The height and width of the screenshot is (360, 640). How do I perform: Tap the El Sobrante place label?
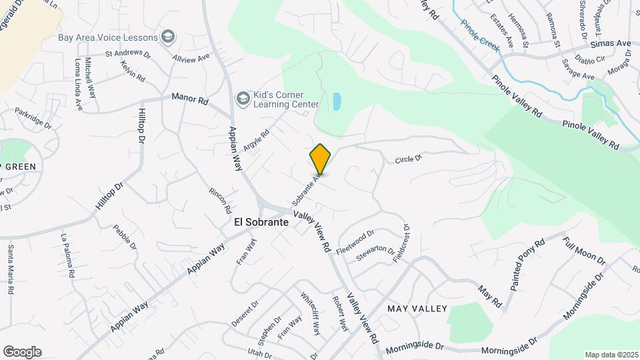coord(261,223)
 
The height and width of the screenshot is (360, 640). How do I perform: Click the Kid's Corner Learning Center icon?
coord(243,99)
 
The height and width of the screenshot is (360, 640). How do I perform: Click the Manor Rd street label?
coord(190,98)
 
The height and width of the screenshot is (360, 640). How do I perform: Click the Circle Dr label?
coord(409,159)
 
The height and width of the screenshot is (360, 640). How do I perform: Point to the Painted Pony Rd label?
coord(527,263)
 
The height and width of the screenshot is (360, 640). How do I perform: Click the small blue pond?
coord(337,101)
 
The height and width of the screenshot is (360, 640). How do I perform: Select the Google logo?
coord(22,352)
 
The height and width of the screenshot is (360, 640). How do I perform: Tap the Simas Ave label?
coord(611,43)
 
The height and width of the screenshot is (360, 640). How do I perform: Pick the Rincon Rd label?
coord(219,196)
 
